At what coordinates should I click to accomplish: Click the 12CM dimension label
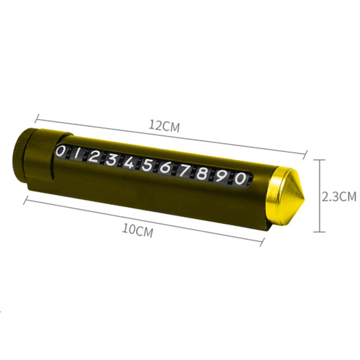click(x=164, y=127)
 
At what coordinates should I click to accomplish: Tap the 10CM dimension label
click(x=138, y=230)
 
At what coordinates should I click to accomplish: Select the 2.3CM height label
click(x=339, y=196)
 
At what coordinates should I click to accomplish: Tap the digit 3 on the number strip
click(x=112, y=160)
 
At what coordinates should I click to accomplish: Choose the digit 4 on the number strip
click(x=129, y=163)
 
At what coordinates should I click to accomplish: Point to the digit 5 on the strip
click(x=147, y=166)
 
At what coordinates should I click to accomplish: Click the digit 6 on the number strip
click(x=165, y=169)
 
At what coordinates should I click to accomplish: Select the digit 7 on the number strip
click(x=184, y=171)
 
